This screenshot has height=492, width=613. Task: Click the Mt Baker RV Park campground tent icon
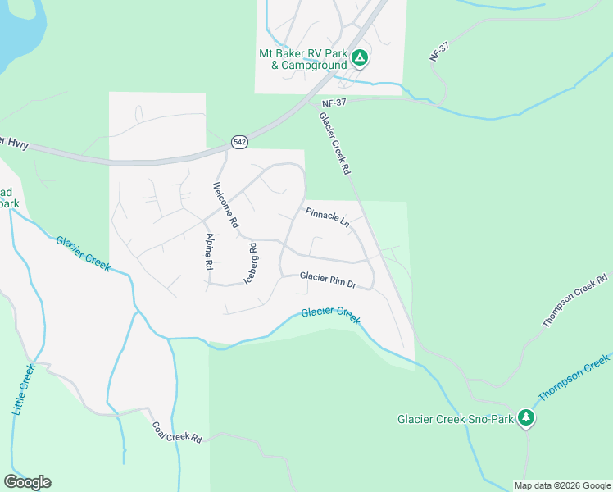359,58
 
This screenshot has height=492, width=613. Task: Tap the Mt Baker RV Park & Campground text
303,59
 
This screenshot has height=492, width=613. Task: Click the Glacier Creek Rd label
334,143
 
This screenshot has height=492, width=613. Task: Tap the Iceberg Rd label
252,263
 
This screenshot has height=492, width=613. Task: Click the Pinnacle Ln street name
327,217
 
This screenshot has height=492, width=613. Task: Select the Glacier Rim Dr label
328,280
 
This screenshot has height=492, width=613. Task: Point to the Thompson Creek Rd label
575,301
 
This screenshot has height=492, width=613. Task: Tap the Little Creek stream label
23,389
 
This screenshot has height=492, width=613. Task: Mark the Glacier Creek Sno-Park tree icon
526,418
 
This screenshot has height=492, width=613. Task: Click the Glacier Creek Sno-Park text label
455,419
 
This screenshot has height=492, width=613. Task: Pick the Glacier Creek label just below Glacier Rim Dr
330,314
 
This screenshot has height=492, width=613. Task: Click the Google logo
28,481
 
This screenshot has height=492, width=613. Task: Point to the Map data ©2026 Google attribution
561,485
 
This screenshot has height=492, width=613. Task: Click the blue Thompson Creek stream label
574,378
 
